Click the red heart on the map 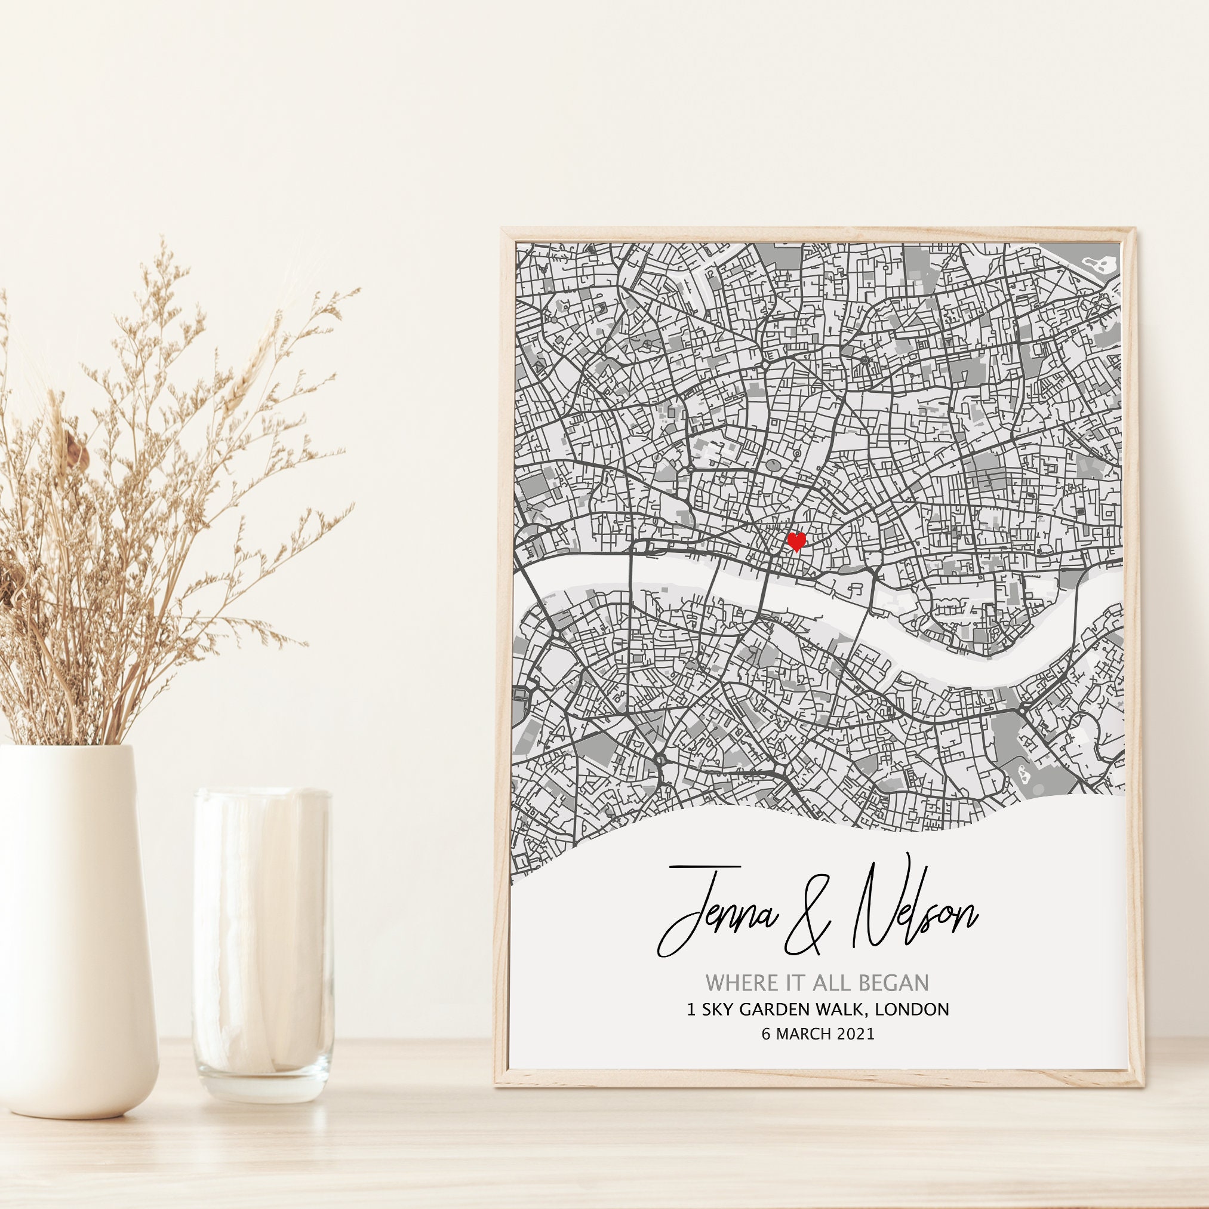click(x=796, y=542)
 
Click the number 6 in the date click(x=766, y=1035)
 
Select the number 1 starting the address click(x=691, y=1010)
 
